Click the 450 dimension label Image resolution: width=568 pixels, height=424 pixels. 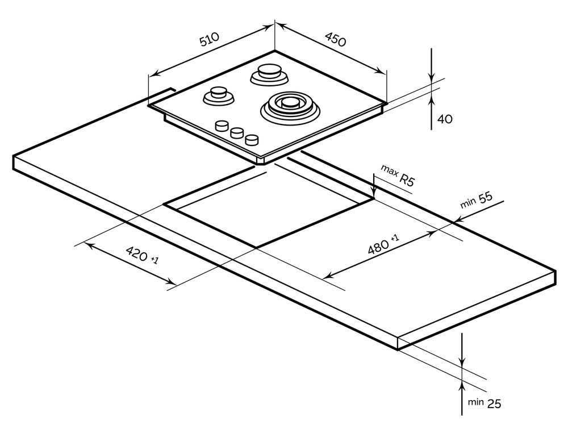click(x=335, y=39)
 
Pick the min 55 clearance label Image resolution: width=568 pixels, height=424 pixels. click(x=475, y=201)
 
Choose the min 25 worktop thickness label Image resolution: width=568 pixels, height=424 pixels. click(x=485, y=403)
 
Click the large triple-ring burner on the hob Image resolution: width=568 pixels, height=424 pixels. click(x=289, y=105)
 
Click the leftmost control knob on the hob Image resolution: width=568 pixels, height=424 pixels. click(x=220, y=126)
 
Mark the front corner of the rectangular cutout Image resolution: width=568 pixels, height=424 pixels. click(x=257, y=247)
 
